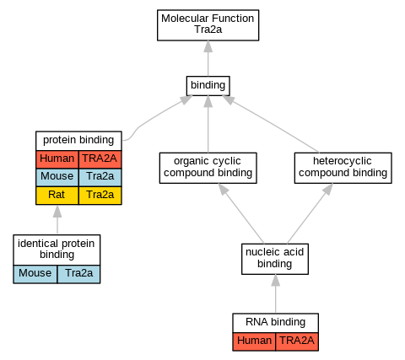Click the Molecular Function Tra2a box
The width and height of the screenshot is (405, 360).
tap(208, 25)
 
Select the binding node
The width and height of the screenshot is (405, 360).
tap(208, 86)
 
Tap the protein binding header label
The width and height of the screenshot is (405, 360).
tap(78, 141)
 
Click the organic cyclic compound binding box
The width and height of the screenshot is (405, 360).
tap(208, 168)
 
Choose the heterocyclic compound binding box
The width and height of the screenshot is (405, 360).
tap(343, 168)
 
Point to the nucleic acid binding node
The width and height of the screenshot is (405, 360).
tap(275, 259)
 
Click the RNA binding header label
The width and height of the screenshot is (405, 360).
tap(276, 323)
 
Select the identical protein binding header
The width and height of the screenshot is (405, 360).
tap(57, 250)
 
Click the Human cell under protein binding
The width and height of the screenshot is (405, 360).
tap(57, 159)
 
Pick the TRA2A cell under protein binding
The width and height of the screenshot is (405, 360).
tap(100, 159)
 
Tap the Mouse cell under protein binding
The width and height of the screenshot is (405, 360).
tap(57, 177)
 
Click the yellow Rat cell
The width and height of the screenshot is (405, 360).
tap(57, 196)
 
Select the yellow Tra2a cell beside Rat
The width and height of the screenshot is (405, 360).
tap(100, 196)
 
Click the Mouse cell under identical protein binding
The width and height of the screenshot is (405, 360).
tap(35, 274)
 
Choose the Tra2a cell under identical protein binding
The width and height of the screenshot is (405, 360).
tap(78, 274)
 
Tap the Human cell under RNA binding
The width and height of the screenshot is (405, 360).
tap(254, 341)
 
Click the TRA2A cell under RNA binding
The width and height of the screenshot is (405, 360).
tap(297, 341)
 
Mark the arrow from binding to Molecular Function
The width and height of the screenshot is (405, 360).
tap(208, 58)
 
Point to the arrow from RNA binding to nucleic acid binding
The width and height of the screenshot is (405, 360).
tap(276, 294)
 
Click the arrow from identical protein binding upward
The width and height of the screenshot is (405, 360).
tap(57, 220)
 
